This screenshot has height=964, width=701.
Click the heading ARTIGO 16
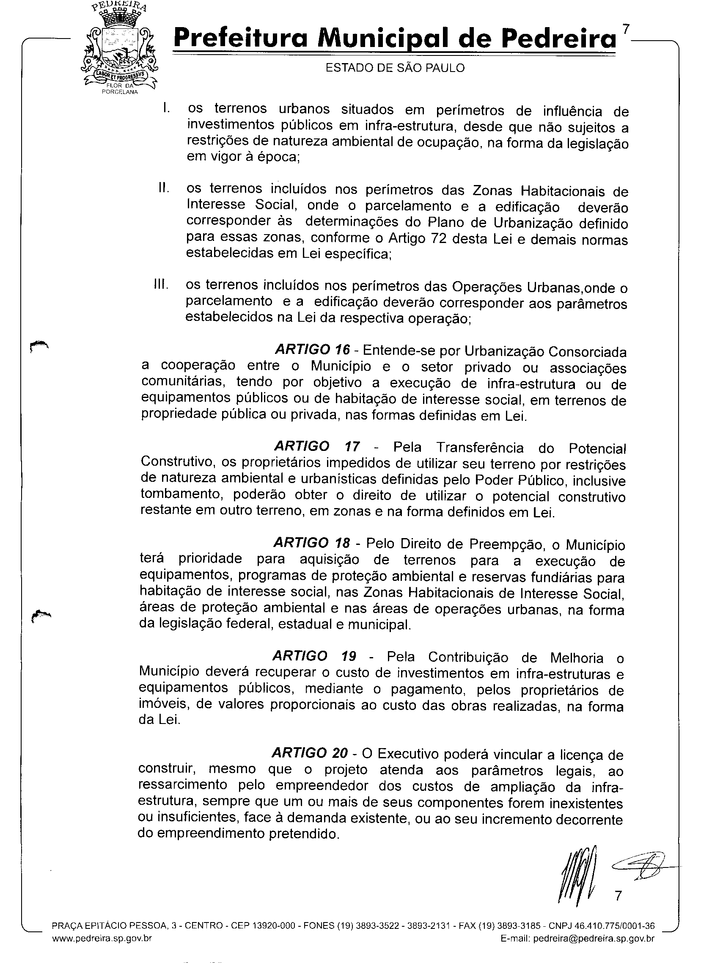coord(313,349)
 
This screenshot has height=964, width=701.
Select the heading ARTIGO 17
coord(317,446)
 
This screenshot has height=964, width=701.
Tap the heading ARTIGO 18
coord(312,543)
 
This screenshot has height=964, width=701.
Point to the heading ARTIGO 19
coord(314,656)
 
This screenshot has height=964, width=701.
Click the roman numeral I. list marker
coord(166,108)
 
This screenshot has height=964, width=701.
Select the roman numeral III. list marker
coord(161,285)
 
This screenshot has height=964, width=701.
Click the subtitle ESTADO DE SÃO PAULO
coord(395,68)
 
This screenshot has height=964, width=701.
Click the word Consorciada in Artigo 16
coord(588,352)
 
